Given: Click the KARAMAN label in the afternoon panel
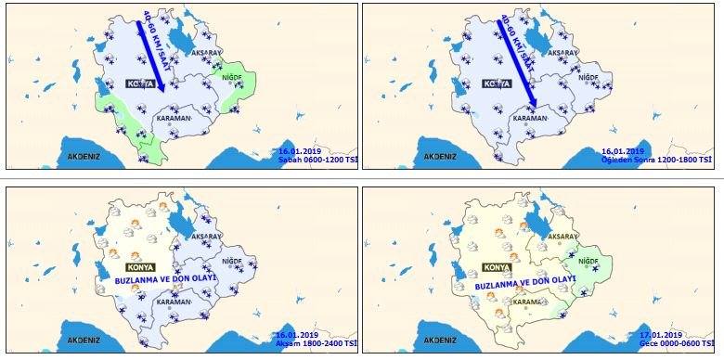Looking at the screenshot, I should [x=529, y=118].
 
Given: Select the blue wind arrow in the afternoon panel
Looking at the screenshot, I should [x=520, y=60].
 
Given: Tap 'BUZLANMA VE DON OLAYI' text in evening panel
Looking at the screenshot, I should [x=165, y=278].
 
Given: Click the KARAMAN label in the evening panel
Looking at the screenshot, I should [x=174, y=302].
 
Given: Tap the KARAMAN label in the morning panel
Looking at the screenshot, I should [x=173, y=118].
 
